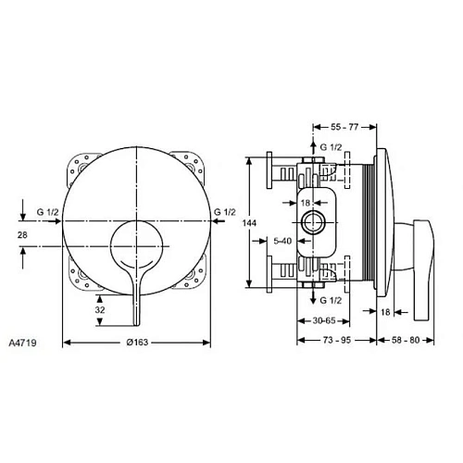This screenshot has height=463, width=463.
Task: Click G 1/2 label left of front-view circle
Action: click(x=46, y=212)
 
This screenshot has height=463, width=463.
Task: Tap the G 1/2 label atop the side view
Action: click(x=331, y=146)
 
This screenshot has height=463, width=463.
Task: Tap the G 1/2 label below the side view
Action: click(x=331, y=301)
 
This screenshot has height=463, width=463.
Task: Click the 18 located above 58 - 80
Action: click(x=384, y=314)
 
